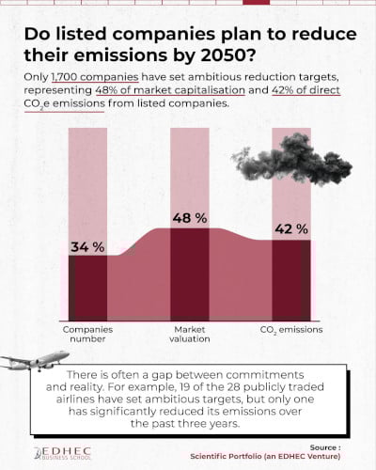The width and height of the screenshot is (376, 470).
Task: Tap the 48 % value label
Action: pos(189,217)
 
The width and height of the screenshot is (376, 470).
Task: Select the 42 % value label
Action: pos(290,228)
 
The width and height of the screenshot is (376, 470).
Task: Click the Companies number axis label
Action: pos(87,335)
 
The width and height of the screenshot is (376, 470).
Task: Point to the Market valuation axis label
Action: pos(189,335)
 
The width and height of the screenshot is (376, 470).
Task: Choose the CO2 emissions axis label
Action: pos(290,330)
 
